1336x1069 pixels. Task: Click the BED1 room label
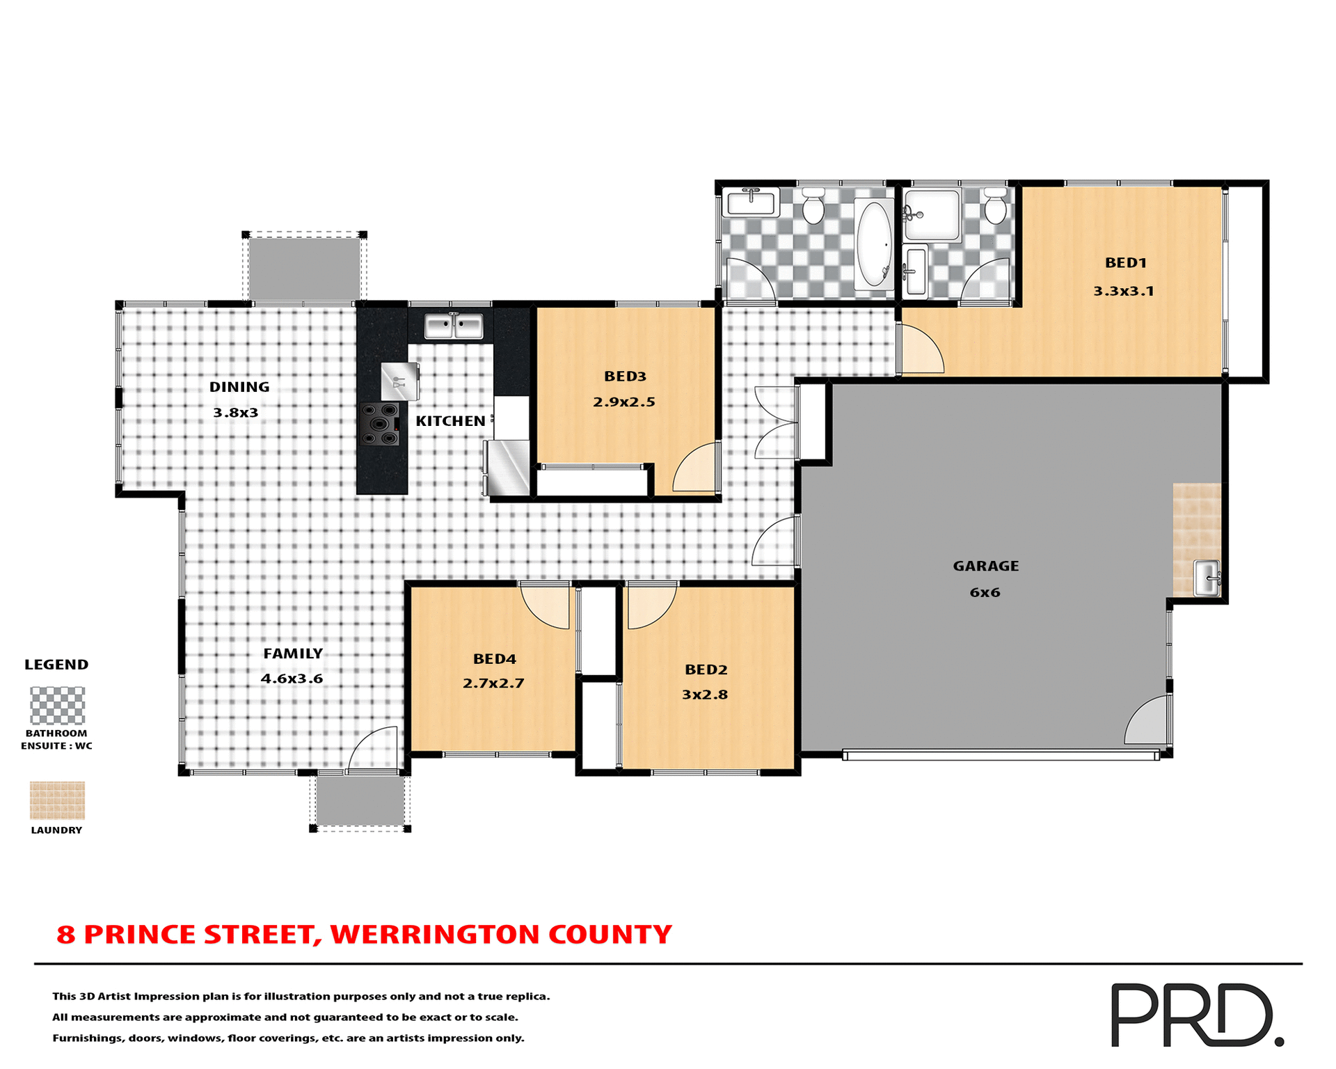pyautogui.click(x=1125, y=263)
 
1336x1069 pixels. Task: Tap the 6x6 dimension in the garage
pyautogui.click(x=985, y=592)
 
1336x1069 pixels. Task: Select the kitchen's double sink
pyautogui.click(x=454, y=326)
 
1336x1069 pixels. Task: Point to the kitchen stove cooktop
pyautogui.click(x=380, y=425)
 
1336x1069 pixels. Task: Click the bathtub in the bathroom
pyautogui.click(x=874, y=244)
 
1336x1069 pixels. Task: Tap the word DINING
pyautogui.click(x=239, y=387)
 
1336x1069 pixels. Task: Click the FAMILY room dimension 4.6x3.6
pyautogui.click(x=292, y=679)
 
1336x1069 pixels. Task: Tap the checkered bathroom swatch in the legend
pyautogui.click(x=57, y=705)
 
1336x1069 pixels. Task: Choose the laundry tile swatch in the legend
pyautogui.click(x=57, y=800)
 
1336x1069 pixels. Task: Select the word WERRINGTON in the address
pyautogui.click(x=434, y=935)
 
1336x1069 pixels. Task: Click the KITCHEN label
pyautogui.click(x=450, y=421)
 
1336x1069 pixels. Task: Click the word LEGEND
pyautogui.click(x=56, y=665)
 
